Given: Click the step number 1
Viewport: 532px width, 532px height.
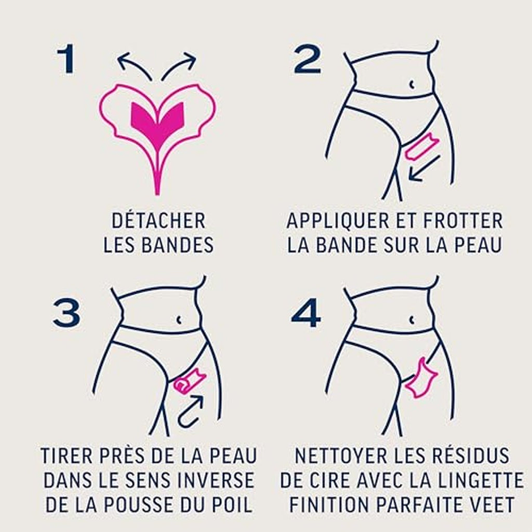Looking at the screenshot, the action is [65, 59].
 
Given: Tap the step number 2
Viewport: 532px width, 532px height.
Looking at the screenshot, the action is [308, 59].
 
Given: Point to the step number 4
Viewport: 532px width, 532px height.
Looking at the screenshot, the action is [306, 313].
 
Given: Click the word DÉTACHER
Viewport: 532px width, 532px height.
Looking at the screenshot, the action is [158, 220].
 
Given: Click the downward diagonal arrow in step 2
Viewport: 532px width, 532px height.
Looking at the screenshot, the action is [424, 168].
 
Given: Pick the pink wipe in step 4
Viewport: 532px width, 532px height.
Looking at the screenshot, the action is [421, 378].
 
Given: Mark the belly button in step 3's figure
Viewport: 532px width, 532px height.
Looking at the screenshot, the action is [179, 320].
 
